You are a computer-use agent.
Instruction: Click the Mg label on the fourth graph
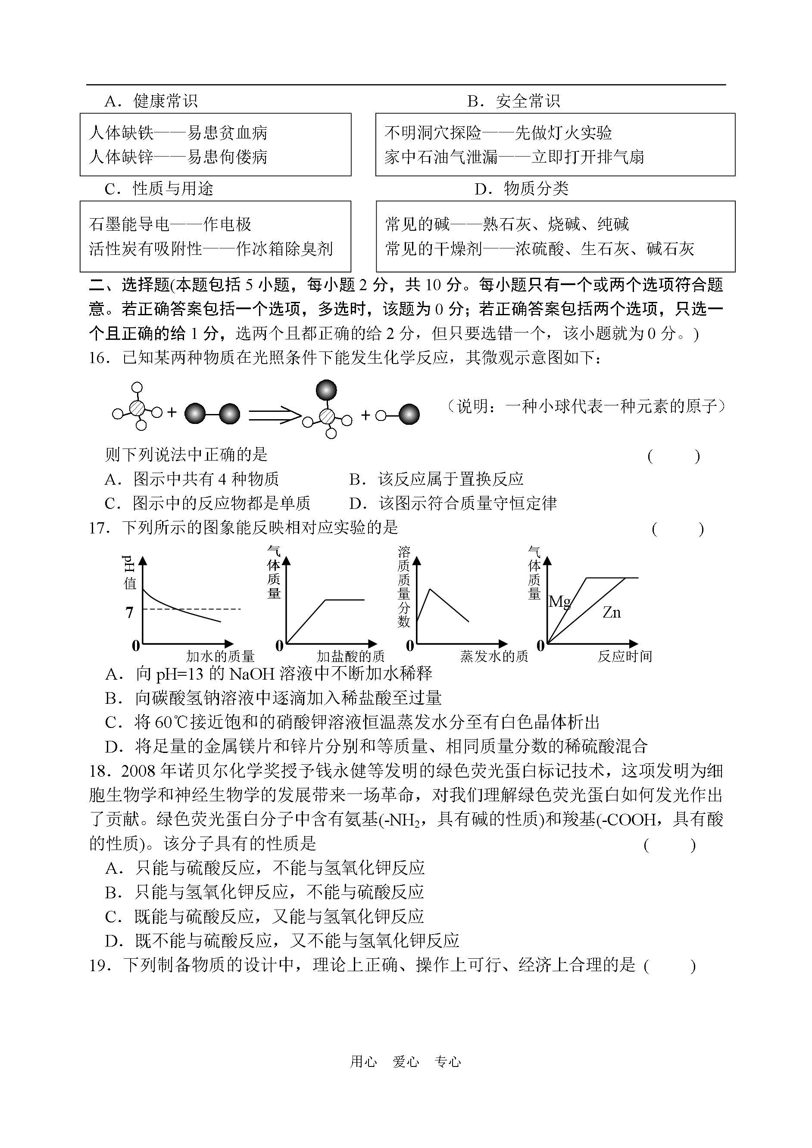[559, 602]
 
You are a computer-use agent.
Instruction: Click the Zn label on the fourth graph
[612, 612]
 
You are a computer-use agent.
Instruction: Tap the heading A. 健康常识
[151, 101]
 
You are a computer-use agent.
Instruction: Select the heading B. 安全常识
[513, 101]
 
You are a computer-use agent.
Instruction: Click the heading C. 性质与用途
[159, 188]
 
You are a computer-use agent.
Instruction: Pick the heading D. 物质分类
[522, 188]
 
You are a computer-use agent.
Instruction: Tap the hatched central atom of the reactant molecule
[137, 408]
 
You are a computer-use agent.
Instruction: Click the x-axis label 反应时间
[625, 656]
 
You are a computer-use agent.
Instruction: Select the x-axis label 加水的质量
[220, 656]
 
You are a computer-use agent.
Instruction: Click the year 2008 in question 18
[138, 771]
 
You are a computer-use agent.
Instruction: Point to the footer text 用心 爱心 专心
[406, 1076]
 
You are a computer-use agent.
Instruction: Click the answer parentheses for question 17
[678, 529]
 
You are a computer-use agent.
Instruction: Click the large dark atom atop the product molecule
[327, 390]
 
